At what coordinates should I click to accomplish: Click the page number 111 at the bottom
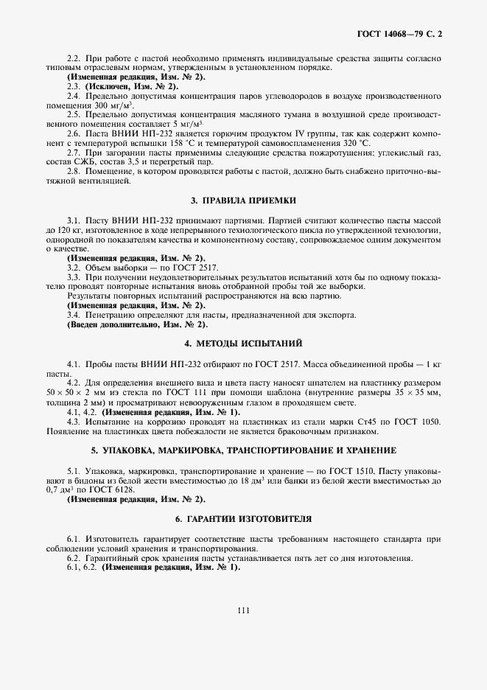coord(244,609)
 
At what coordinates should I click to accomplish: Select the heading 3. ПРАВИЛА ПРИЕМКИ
coord(244,201)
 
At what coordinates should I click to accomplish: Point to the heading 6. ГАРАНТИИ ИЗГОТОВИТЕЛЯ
coord(244,518)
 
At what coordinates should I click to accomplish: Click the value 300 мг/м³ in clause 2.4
coord(88,106)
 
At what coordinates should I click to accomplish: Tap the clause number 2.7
coord(73,154)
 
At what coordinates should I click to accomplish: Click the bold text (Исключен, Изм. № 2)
coord(131,87)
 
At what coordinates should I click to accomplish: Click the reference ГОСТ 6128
coord(124,489)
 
